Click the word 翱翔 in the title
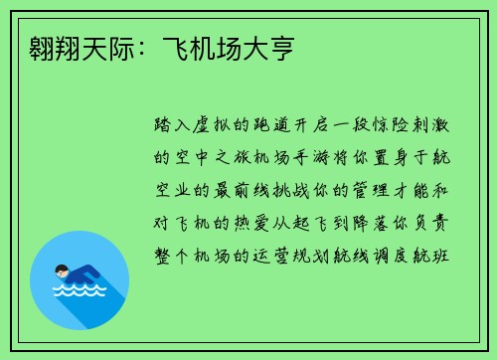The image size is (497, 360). tap(44, 47)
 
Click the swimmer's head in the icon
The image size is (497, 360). tap(62, 270)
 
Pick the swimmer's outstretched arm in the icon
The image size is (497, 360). tap(91, 274)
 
